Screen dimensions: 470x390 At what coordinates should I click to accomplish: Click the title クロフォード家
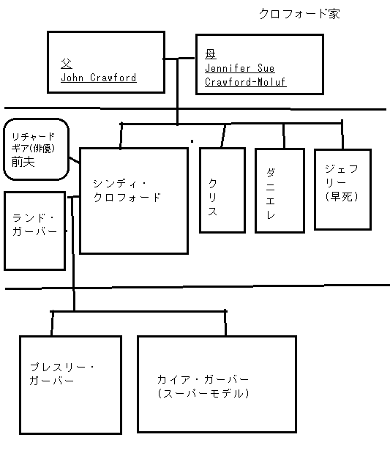(299, 14)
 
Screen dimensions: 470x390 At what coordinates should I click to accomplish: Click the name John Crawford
(99, 77)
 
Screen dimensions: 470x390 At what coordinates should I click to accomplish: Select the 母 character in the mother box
(211, 54)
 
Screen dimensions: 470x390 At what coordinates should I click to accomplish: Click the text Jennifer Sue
(234, 68)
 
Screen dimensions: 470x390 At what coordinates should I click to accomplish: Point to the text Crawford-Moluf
(245, 82)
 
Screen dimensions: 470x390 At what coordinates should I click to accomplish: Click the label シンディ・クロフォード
(127, 190)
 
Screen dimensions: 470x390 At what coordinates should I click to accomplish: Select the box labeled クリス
(222, 190)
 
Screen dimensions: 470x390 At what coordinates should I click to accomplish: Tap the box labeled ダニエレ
(279, 190)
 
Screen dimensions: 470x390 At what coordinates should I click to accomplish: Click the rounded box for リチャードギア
(37, 149)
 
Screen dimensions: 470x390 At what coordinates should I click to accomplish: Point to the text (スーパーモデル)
(203, 393)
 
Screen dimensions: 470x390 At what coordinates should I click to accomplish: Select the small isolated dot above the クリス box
(192, 140)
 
